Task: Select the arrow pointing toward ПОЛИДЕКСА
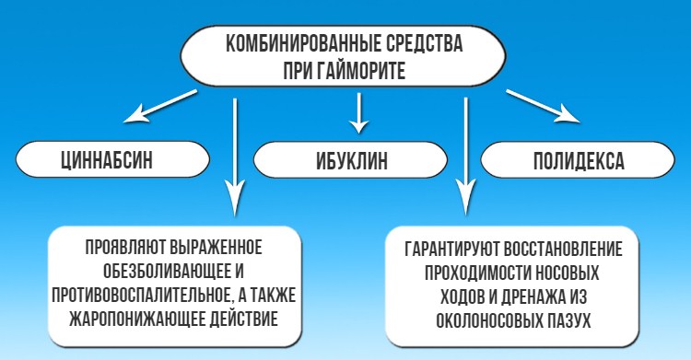click(x=545, y=106)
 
